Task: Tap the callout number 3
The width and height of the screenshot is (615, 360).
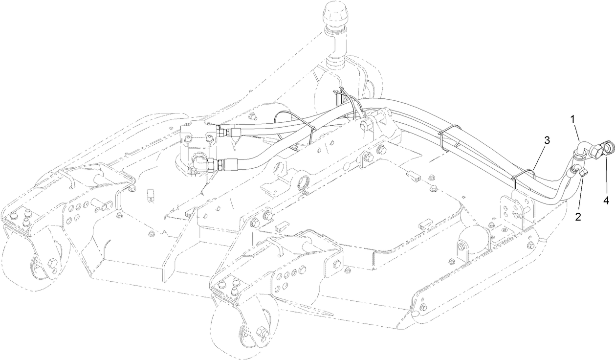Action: click(x=547, y=140)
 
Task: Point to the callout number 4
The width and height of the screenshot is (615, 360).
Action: click(x=606, y=200)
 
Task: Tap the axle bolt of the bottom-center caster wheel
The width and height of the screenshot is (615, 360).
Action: click(x=261, y=333)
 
